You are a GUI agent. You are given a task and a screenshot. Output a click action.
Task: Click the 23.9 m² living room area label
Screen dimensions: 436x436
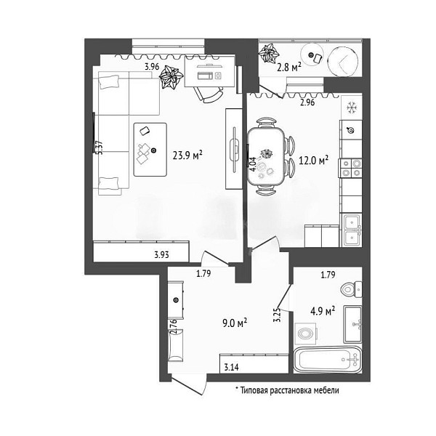pos(187,156)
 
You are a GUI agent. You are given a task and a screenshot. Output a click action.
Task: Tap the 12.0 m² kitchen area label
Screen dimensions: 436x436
pos(313,160)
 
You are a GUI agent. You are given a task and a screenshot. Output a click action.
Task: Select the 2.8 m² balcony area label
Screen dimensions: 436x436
pos(289,67)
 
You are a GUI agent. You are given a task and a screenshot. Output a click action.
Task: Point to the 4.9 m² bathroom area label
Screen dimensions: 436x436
pos(323,311)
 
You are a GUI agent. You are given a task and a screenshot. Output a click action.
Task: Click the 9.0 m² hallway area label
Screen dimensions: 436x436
pos(235,323)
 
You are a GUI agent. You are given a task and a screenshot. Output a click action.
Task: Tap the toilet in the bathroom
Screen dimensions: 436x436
pos(351,289)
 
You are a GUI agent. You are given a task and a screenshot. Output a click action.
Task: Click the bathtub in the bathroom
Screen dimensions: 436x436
pos(328,360)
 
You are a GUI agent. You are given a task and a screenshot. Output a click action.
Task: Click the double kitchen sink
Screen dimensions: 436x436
pos(352,230)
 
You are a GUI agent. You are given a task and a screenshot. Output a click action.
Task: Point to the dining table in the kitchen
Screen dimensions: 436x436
pos(267,156)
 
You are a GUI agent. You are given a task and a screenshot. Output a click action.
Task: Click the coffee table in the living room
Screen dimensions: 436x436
pos(150,150)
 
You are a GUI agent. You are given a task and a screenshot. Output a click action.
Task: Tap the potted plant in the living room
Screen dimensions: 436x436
pos(171,77)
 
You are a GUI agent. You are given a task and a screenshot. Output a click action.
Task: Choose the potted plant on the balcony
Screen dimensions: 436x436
pos(269,53)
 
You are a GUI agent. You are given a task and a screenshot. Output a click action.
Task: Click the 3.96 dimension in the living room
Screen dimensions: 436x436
pos(152,67)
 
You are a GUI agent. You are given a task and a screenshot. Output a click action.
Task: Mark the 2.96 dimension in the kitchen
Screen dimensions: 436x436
pos(307,102)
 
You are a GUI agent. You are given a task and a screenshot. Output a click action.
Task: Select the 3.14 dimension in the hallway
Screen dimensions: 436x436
pos(231,368)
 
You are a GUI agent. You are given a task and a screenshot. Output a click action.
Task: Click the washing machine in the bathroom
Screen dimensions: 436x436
pos(306,333)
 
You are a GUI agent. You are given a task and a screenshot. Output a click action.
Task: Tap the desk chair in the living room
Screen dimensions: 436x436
pos(209,94)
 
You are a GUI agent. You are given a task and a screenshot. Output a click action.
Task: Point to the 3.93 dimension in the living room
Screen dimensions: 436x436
pos(161,254)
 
